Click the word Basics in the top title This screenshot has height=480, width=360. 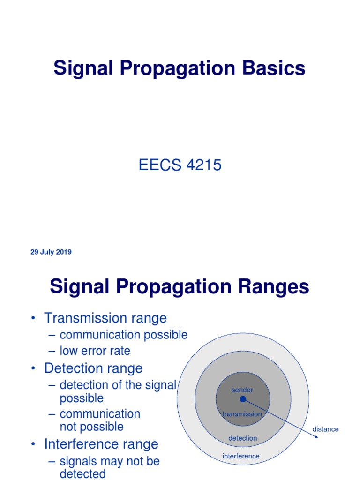click(274, 68)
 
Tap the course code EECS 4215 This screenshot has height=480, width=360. click(180, 165)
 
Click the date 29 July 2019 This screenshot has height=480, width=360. click(51, 252)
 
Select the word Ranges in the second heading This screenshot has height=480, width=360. click(273, 287)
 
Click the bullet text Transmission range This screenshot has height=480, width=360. click(105, 318)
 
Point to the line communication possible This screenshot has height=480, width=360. click(123, 335)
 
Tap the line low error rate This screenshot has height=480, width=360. click(95, 351)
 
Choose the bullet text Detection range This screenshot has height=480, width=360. click(93, 368)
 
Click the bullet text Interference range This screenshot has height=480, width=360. click(101, 444)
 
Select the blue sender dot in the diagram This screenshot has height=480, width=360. click(243, 399)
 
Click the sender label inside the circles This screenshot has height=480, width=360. click(242, 390)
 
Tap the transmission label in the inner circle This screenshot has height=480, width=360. click(242, 414)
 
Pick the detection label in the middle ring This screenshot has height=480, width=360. click(243, 438)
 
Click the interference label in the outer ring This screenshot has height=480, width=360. click(241, 456)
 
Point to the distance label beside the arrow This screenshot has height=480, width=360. click(325, 429)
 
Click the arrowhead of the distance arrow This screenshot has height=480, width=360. click(316, 437)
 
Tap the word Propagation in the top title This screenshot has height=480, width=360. click(178, 68)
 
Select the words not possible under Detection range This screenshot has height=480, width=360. click(91, 427)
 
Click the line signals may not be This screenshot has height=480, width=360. click(110, 461)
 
